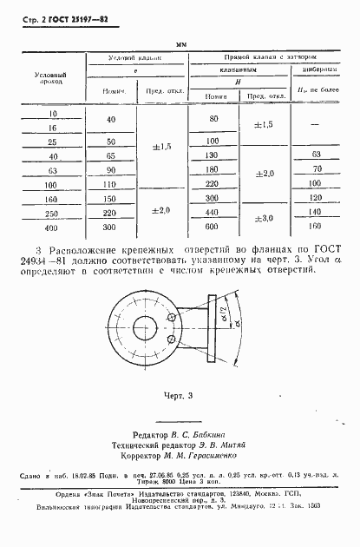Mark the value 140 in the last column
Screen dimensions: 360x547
pyautogui.click(x=315, y=211)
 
